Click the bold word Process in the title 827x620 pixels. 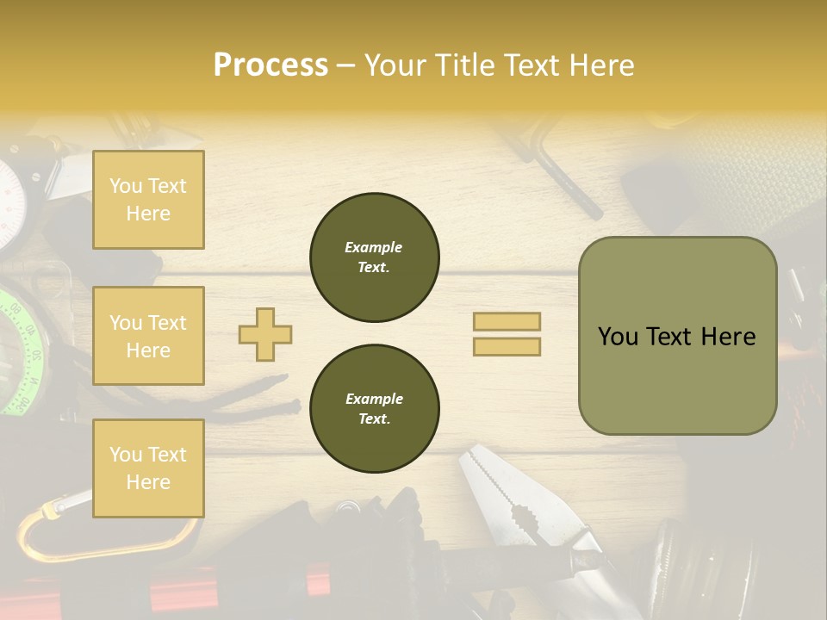270,65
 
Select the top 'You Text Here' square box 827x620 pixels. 148,200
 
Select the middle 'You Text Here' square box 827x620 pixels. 148,336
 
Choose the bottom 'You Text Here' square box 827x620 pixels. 148,468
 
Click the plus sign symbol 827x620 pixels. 265,334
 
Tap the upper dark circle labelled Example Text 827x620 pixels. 374,257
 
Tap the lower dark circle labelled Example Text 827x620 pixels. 374,409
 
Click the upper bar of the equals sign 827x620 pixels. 507,321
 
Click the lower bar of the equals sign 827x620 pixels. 507,346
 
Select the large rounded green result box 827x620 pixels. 677,336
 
